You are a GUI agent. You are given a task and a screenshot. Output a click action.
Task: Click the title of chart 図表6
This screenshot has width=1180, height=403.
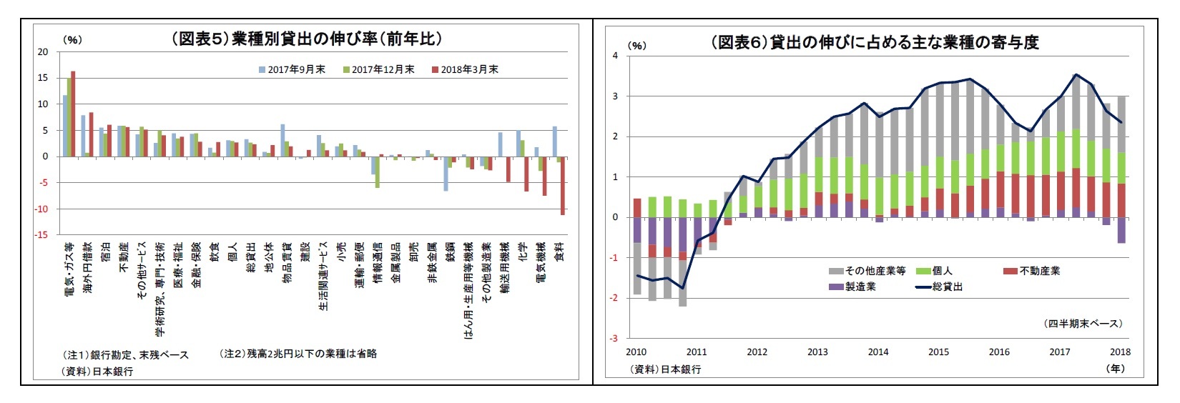point(874,42)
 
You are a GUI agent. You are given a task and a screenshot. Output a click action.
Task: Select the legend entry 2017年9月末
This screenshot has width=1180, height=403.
point(292,69)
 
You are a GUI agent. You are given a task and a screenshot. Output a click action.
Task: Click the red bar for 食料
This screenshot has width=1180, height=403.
point(563,185)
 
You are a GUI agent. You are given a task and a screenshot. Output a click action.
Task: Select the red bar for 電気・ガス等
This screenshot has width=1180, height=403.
point(73,114)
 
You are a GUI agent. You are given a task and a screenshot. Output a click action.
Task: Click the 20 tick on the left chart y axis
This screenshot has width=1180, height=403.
point(43,51)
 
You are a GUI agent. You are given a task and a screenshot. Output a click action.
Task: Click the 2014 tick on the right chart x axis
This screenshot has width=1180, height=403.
point(878,352)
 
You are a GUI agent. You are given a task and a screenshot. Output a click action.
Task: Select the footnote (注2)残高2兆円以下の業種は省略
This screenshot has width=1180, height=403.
point(298,354)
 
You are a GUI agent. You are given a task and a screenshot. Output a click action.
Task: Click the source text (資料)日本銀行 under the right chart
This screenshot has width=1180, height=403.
point(665,369)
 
